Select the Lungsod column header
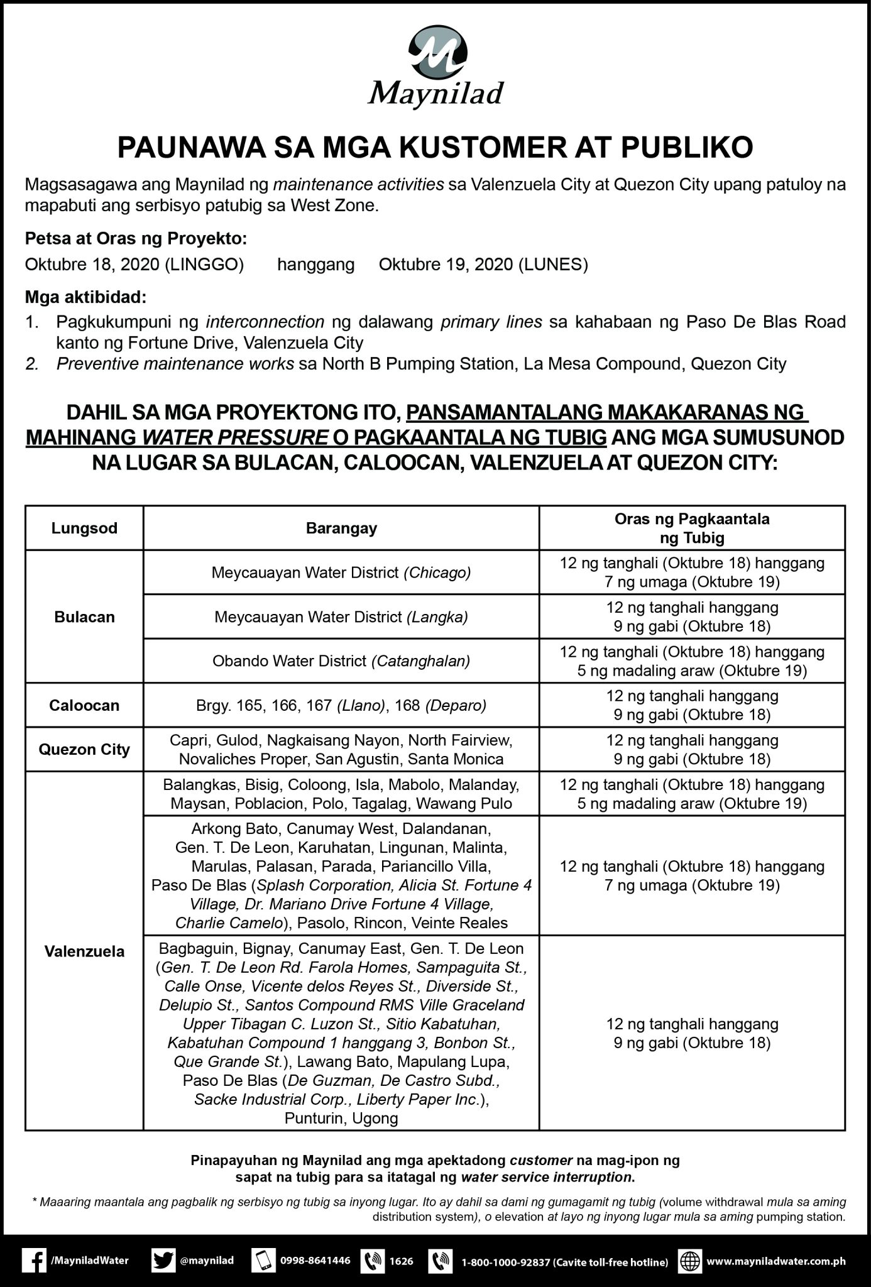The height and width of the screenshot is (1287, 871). coord(84,528)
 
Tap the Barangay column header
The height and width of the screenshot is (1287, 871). coord(341,528)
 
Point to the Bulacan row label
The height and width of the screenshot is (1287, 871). coord(84,616)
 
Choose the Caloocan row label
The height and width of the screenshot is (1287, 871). coord(84,705)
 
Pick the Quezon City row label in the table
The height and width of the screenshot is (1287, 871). coord(84,749)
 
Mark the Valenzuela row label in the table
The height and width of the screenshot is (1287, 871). coord(84,951)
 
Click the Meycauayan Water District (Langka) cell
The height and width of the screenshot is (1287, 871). coord(341,616)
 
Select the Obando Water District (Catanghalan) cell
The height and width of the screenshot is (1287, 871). coord(341,661)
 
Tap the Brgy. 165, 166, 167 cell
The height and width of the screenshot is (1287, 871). coord(341,705)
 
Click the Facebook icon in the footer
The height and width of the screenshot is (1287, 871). coord(33,1261)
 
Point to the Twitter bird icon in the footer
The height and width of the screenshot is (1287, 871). coord(163,1261)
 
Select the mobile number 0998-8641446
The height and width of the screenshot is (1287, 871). coord(315,1261)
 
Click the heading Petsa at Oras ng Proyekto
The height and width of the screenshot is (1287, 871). coord(136,239)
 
